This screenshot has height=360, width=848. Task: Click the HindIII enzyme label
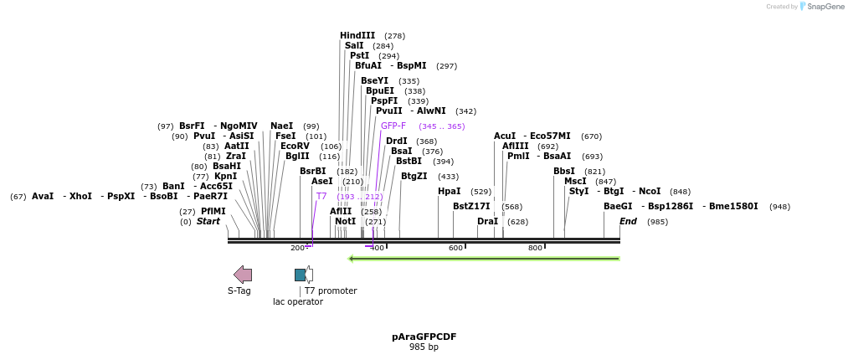coord(357,36)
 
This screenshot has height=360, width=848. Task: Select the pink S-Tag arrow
coord(242,275)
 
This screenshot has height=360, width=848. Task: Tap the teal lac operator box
coord(300,275)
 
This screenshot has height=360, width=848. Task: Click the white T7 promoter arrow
coord(309,275)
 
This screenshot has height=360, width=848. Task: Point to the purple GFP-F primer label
coord(393,126)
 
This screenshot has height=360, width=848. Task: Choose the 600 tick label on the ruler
coord(455,248)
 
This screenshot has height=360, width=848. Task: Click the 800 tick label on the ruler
coord(535,248)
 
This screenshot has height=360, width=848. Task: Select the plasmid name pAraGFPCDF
coord(424,337)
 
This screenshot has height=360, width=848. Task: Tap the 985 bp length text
coord(424,347)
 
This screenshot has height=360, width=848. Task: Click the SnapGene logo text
coord(825,7)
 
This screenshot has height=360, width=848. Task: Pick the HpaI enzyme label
coord(450,192)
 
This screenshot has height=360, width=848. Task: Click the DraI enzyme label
coord(488,222)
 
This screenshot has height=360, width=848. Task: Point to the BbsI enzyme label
coord(564,172)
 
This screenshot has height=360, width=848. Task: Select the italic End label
coord(628,222)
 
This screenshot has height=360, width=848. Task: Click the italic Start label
coord(208,222)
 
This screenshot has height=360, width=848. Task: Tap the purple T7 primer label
coord(321,196)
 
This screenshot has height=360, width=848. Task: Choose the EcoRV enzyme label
coord(296,146)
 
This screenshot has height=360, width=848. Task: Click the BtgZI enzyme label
coord(414,176)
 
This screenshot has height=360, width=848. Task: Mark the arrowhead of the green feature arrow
coord(351,259)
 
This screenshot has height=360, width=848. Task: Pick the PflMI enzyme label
coord(213,211)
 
